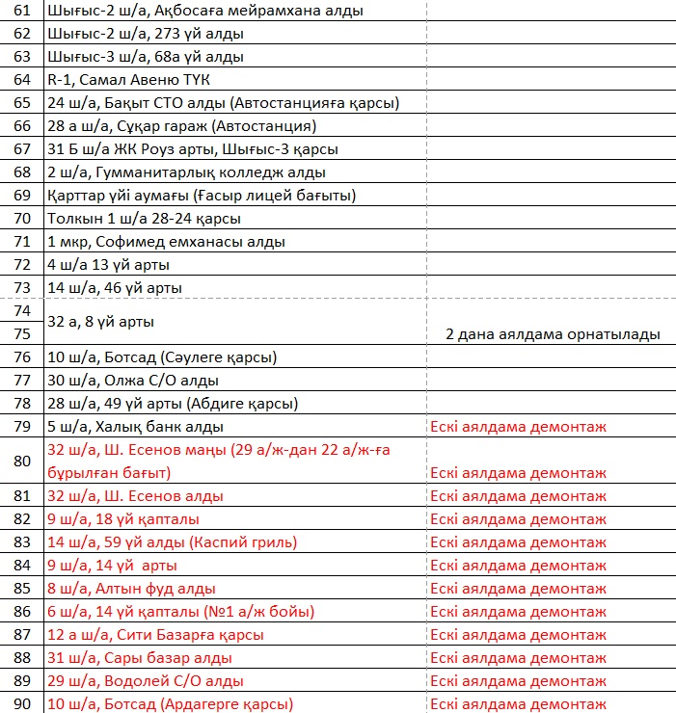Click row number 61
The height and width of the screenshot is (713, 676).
pyautogui.click(x=21, y=11)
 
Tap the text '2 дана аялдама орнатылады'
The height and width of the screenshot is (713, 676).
pyautogui.click(x=553, y=334)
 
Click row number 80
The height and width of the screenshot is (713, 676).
pyautogui.click(x=21, y=461)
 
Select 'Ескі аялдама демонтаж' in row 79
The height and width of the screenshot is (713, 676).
pyautogui.click(x=519, y=426)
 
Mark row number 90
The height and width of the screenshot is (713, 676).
pyautogui.click(x=21, y=703)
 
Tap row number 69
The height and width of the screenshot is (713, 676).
pyautogui.click(x=21, y=196)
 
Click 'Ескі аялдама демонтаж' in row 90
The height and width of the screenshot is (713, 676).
pyautogui.click(x=519, y=703)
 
